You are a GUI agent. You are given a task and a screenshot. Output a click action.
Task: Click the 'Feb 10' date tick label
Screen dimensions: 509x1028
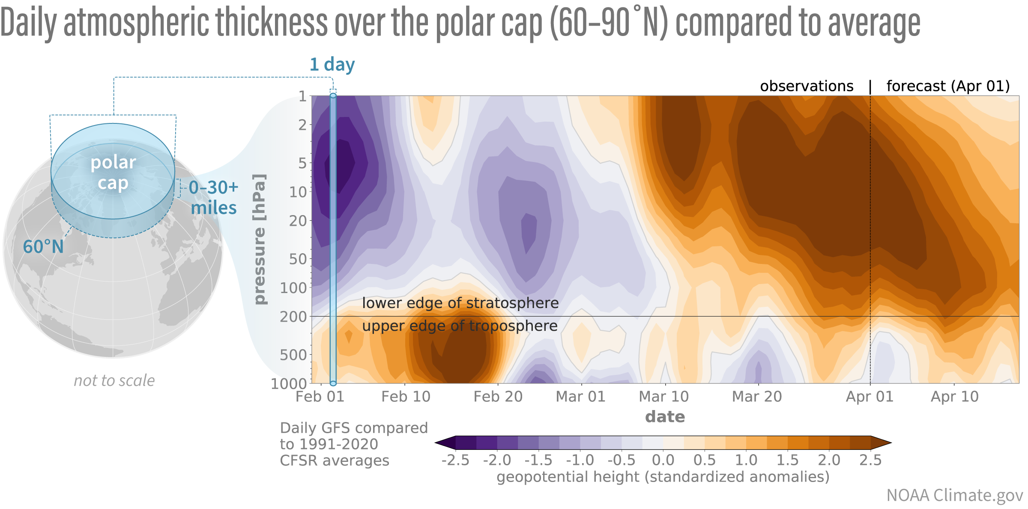(x=406, y=397)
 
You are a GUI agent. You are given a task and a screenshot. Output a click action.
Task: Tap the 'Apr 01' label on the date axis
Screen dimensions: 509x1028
(x=870, y=397)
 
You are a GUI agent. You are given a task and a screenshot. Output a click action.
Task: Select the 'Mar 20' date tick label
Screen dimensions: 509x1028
(x=757, y=397)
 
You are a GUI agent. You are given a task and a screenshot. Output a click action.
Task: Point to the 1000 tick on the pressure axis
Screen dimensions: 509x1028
(x=289, y=383)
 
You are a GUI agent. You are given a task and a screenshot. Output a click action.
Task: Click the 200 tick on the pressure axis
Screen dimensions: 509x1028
(x=293, y=317)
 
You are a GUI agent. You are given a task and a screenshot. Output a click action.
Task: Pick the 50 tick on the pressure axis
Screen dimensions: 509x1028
(x=298, y=259)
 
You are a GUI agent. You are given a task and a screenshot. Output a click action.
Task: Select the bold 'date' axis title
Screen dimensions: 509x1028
(x=665, y=417)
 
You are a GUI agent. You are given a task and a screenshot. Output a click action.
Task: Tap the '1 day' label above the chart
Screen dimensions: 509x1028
(x=332, y=65)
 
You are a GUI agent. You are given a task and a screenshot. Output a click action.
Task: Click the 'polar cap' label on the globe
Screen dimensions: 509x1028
(x=113, y=173)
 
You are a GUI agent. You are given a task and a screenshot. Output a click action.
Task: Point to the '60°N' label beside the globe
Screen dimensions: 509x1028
(x=43, y=247)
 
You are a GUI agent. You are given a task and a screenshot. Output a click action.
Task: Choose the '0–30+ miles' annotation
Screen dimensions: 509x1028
(x=213, y=198)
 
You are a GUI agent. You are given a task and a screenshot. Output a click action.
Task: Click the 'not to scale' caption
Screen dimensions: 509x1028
(x=114, y=380)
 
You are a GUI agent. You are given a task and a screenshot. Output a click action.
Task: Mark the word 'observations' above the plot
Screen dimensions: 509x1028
(x=807, y=87)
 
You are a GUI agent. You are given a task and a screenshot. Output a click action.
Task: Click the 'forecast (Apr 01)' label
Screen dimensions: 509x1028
(x=948, y=87)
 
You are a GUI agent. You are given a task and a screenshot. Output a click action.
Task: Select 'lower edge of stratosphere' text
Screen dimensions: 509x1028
(x=460, y=303)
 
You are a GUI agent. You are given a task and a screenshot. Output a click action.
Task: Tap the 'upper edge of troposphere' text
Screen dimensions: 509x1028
(x=460, y=326)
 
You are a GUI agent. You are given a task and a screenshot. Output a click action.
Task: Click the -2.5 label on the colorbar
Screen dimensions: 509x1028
(x=455, y=461)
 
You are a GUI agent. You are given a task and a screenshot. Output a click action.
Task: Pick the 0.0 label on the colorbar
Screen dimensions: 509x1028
(x=663, y=461)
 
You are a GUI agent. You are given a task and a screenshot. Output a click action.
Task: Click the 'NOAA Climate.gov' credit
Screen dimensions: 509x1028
(x=954, y=496)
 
